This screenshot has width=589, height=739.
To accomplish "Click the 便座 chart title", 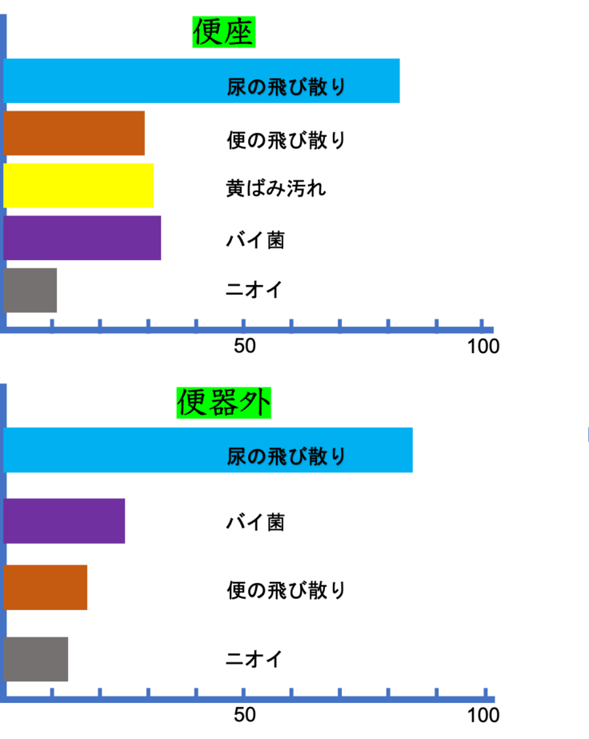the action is [x=224, y=32].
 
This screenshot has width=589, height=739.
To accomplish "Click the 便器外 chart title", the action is [x=224, y=403].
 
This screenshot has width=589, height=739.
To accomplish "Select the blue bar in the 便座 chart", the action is [x=202, y=81].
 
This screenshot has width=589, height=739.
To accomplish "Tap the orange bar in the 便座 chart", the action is [x=74, y=134].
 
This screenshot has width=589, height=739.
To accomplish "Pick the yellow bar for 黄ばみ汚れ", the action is [x=78, y=186].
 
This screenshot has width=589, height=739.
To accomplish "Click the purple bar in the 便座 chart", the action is [x=82, y=238].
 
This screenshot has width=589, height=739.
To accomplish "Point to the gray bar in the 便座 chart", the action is [x=30, y=291].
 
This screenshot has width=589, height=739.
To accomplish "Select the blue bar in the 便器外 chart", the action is [x=208, y=450].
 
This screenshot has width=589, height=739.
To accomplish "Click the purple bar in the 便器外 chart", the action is [x=65, y=521].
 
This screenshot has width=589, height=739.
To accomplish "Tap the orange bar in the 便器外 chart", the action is [x=46, y=588].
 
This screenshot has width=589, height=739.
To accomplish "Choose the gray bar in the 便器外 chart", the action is [x=36, y=660].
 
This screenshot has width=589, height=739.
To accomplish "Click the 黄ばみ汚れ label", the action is [x=276, y=188].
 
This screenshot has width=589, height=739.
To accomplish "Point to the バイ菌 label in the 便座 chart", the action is [x=255, y=240].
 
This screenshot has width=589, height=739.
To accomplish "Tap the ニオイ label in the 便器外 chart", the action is [x=254, y=659].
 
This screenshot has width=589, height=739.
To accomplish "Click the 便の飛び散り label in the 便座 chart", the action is [x=286, y=140].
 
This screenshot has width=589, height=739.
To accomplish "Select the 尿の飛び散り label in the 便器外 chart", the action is [x=286, y=456].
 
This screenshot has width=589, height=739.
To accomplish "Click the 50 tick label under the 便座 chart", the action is [x=245, y=347].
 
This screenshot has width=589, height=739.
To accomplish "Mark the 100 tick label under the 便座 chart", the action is [x=483, y=347].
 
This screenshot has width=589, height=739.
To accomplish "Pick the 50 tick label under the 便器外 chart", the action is [x=245, y=715].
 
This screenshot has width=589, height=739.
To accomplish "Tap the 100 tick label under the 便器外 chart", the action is [x=483, y=716].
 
